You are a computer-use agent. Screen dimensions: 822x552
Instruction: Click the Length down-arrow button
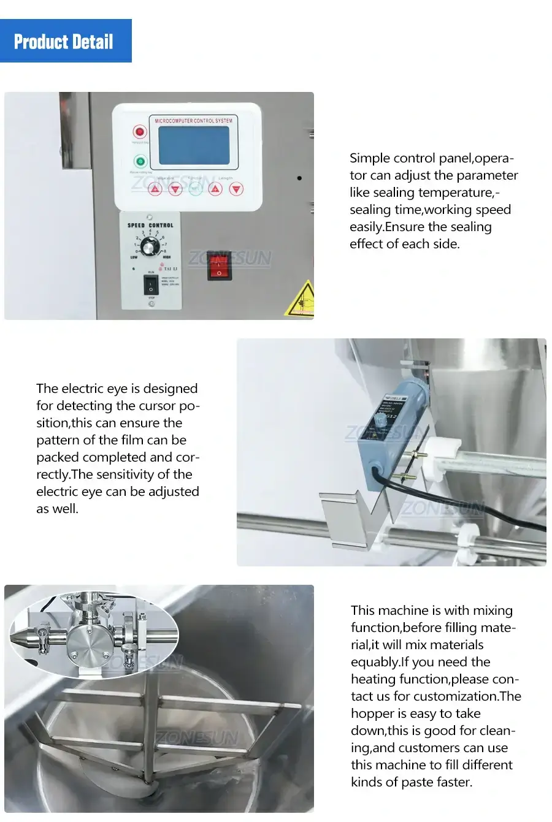[x=236, y=189]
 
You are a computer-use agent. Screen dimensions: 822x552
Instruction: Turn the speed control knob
[x=149, y=246]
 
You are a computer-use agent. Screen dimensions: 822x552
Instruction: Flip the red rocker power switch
[x=219, y=265]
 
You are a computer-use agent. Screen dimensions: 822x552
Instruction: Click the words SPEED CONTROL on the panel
[x=150, y=226]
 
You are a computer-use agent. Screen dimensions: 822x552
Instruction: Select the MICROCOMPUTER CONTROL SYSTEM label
[x=193, y=121]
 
